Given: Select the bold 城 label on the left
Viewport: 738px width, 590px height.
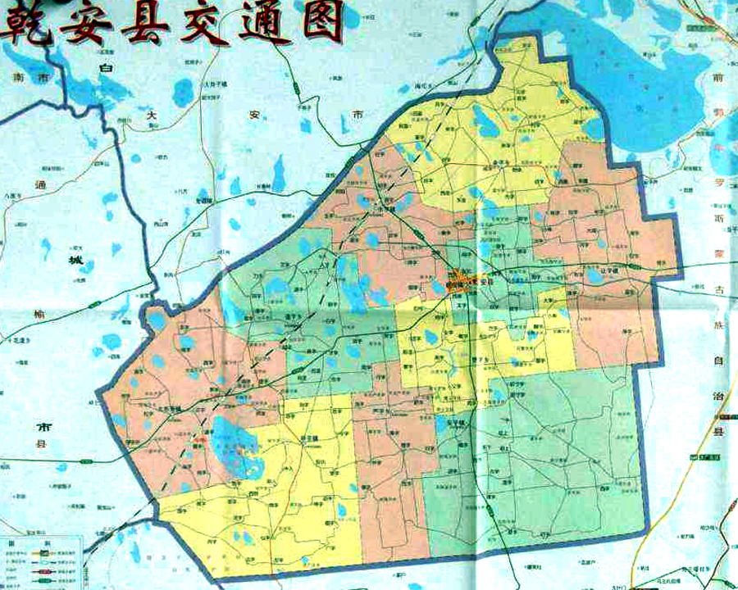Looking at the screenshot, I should coord(76,261).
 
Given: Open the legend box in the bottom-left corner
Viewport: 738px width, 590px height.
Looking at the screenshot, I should coord(41,562).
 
